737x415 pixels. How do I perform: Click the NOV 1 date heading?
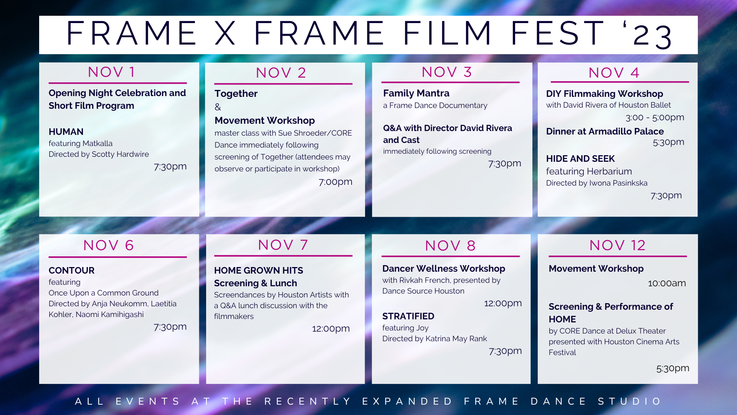coord(111,72)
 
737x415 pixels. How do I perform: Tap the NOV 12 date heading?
coord(617,246)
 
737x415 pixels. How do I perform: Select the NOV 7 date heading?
coord(283,245)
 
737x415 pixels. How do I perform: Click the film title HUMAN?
coord(66,132)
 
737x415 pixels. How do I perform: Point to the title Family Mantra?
coord(416,93)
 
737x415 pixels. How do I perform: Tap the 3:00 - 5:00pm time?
coord(655,118)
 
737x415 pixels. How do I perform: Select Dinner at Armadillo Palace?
coord(605,131)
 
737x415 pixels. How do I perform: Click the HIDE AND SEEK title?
coord(580,159)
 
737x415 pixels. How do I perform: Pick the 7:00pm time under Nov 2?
coord(335,182)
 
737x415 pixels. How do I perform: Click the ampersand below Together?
coord(218,107)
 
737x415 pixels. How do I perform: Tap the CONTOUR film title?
coord(71,271)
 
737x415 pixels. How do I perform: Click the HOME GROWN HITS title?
coord(259,271)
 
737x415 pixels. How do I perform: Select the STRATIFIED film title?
coord(408,316)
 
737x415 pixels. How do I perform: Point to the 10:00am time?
coord(667,284)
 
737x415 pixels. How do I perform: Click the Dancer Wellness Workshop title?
coord(444,269)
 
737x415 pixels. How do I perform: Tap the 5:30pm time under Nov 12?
coord(673,369)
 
